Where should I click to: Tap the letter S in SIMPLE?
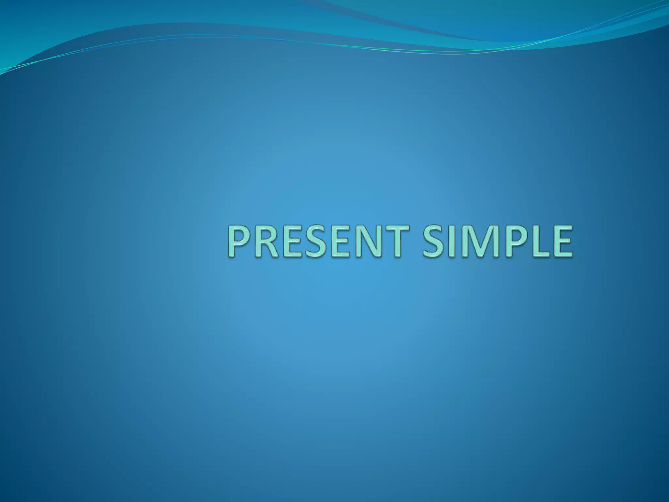pyautogui.click(x=433, y=241)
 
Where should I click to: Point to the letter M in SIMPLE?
pyautogui.click(x=479, y=241)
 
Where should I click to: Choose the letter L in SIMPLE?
pyautogui.click(x=536, y=241)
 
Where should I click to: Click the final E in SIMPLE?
pyautogui.click(x=561, y=241)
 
